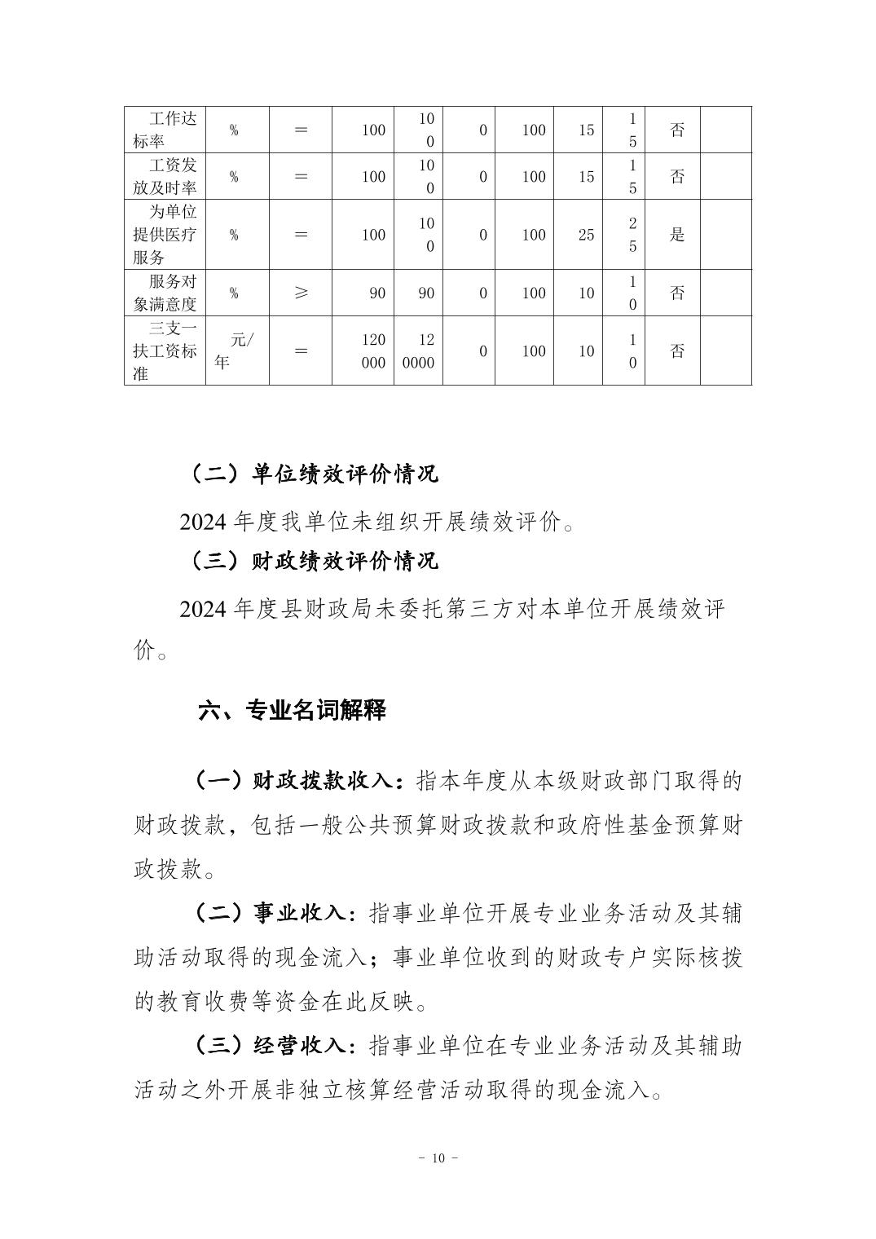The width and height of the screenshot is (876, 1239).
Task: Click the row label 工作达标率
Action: [165, 130]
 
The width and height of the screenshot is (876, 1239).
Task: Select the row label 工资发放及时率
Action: [165, 176]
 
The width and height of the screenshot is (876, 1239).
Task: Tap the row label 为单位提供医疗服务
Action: [165, 235]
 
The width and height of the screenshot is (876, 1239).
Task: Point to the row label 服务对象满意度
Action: [165, 293]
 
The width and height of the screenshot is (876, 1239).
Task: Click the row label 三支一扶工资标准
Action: [165, 351]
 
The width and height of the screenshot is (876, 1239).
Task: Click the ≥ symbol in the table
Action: [301, 293]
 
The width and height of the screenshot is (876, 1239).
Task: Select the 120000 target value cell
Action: [373, 351]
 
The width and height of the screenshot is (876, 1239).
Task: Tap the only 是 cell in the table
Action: [677, 235]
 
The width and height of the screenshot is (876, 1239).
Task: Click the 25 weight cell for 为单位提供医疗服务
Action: [586, 235]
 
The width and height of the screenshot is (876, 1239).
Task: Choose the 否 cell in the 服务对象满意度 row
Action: [677, 293]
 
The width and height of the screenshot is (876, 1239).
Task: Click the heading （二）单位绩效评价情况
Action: [315, 474]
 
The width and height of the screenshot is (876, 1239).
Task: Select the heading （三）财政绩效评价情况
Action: [315, 561]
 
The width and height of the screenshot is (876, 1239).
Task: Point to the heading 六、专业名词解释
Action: [292, 710]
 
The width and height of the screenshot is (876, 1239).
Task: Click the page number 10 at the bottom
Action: [438, 1158]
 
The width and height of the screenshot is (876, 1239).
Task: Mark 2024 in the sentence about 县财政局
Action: [202, 609]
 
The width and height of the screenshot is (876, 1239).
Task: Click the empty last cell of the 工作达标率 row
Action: [725, 130]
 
